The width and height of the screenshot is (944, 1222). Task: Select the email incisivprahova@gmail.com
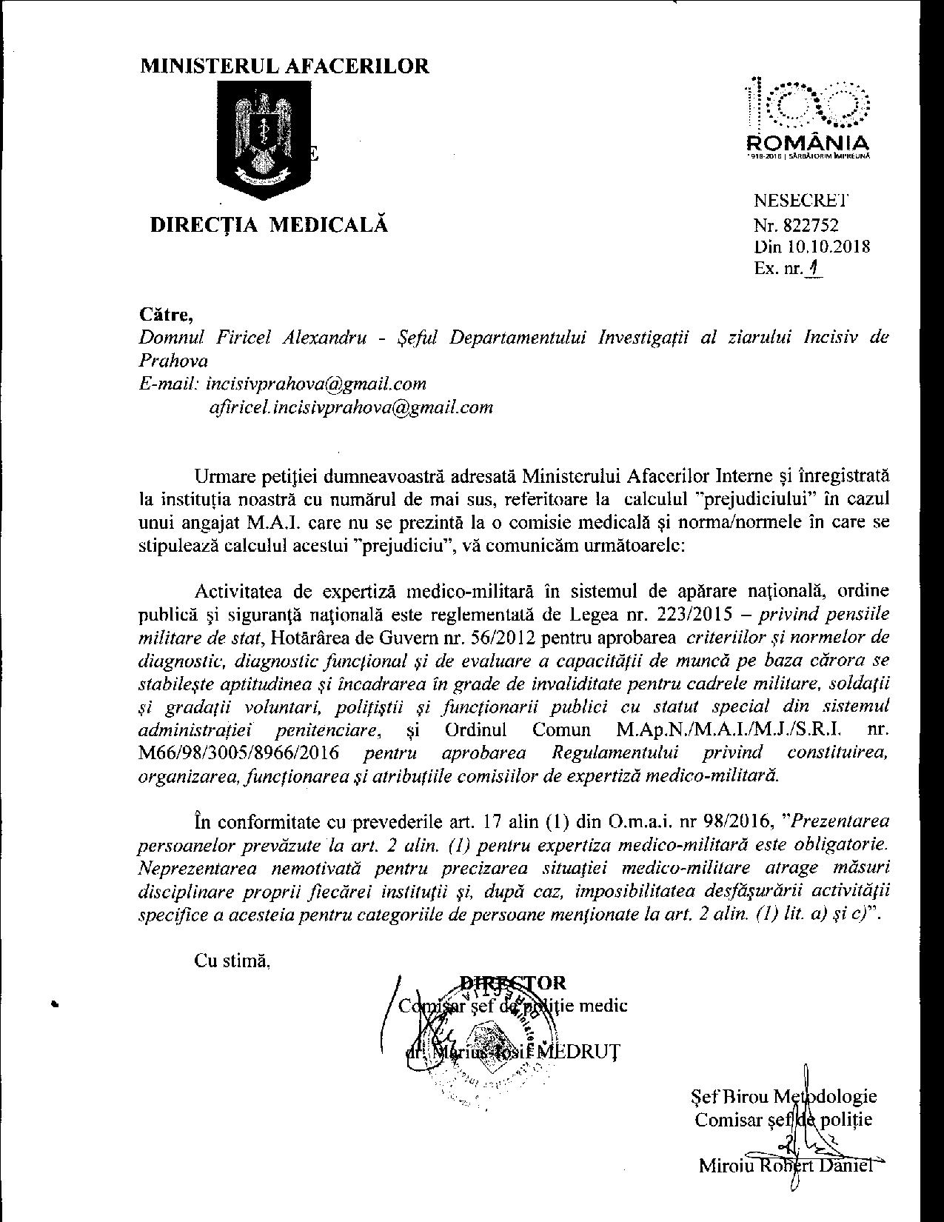pyautogui.click(x=315, y=384)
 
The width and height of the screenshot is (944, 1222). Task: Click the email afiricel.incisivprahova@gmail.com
pyautogui.click(x=352, y=407)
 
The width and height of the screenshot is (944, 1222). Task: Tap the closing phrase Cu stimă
pyautogui.click(x=232, y=961)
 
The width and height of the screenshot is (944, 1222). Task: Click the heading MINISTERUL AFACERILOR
pyautogui.click(x=285, y=67)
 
